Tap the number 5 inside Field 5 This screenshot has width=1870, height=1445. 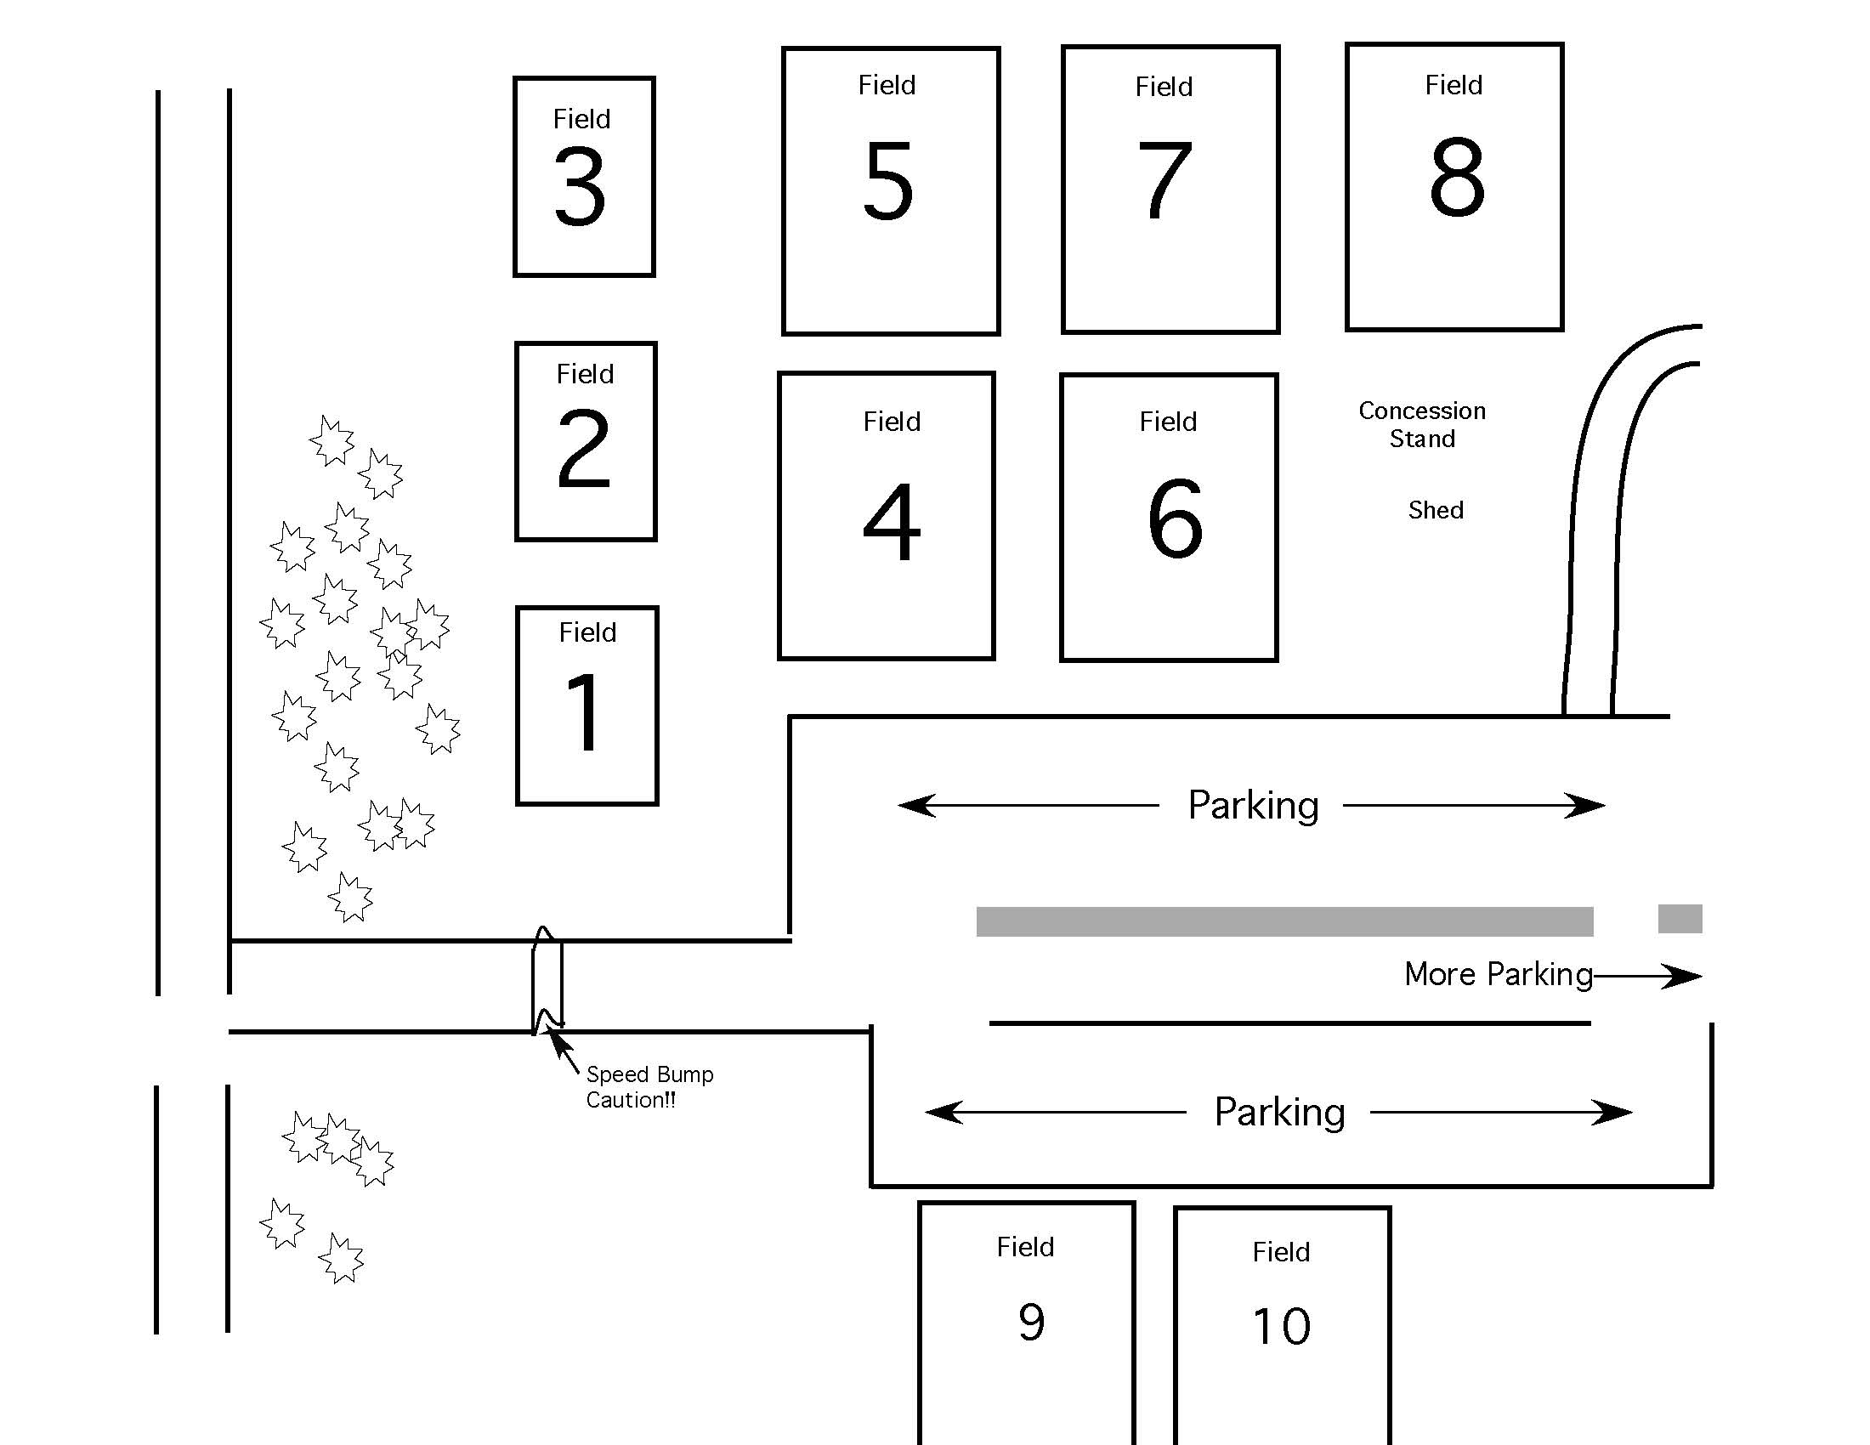[x=888, y=179]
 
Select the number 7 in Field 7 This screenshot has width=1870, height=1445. [x=1164, y=179]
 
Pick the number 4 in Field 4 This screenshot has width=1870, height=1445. [x=892, y=521]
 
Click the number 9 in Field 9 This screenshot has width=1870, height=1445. [x=1031, y=1322]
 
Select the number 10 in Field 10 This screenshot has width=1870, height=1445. [x=1281, y=1327]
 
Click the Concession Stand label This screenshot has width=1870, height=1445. [x=1421, y=425]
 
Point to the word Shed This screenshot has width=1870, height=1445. [x=1435, y=510]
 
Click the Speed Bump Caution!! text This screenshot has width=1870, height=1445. [x=649, y=1087]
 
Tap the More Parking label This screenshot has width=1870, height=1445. [x=1498, y=974]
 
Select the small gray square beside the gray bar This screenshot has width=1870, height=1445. [x=1679, y=919]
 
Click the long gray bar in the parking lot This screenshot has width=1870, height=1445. [x=1283, y=922]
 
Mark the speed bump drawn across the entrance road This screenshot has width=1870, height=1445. [x=547, y=981]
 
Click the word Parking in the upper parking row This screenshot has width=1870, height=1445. [x=1253, y=806]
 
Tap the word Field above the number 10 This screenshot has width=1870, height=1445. [x=1281, y=1252]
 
